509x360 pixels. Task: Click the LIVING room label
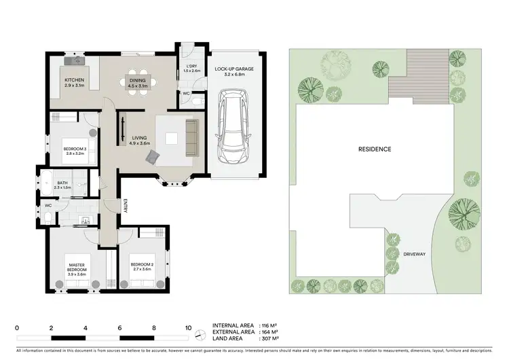click(x=139, y=140)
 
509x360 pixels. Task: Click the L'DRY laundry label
click(x=192, y=68)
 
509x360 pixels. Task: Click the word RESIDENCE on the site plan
click(x=375, y=149)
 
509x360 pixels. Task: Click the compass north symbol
click(x=199, y=334)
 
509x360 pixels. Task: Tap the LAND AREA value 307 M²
click(x=271, y=338)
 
